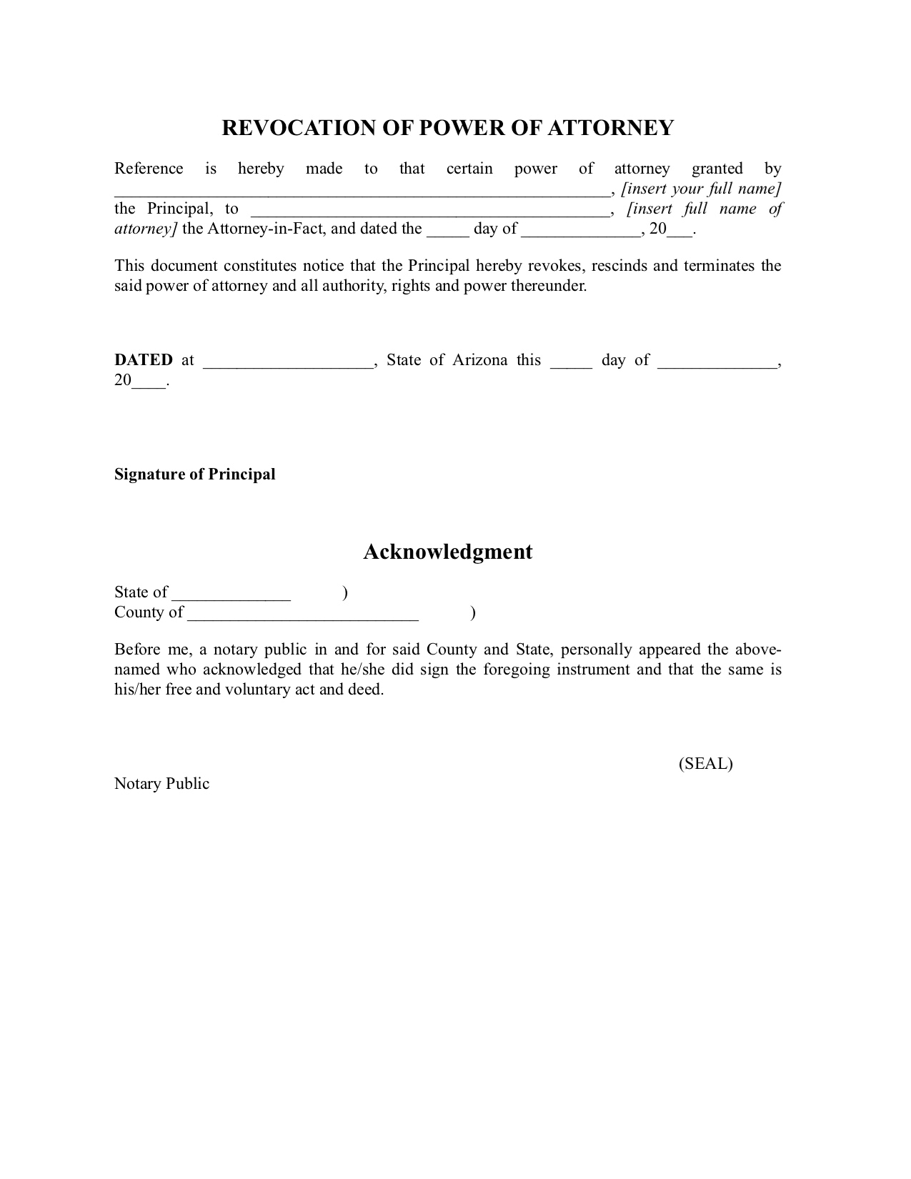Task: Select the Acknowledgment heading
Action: tap(448, 552)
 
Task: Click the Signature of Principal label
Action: tap(195, 474)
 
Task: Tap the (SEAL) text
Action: tap(705, 764)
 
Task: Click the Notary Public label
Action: tap(161, 784)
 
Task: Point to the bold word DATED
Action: tap(144, 360)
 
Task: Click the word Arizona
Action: tap(479, 360)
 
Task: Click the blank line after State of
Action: tap(232, 595)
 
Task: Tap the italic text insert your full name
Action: tap(702, 189)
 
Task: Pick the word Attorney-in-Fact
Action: tap(267, 229)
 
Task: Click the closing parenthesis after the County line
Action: tap(473, 613)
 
